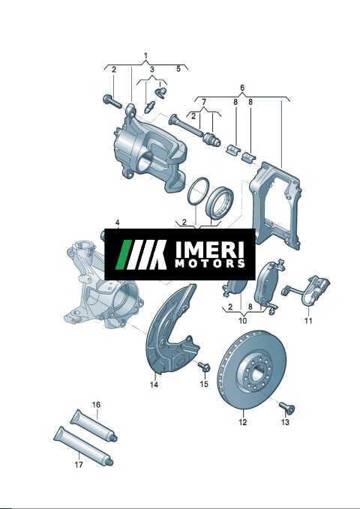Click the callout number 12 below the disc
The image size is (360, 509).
[243, 422]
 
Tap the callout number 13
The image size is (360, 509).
[285, 422]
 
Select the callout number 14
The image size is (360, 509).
[154, 385]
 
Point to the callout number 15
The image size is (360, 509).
[204, 384]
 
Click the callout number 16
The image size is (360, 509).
[96, 405]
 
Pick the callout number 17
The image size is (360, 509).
[79, 465]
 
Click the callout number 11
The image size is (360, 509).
[308, 321]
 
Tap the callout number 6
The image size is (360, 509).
[242, 88]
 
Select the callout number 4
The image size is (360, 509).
[117, 223]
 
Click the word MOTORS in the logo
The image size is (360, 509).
[210, 263]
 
